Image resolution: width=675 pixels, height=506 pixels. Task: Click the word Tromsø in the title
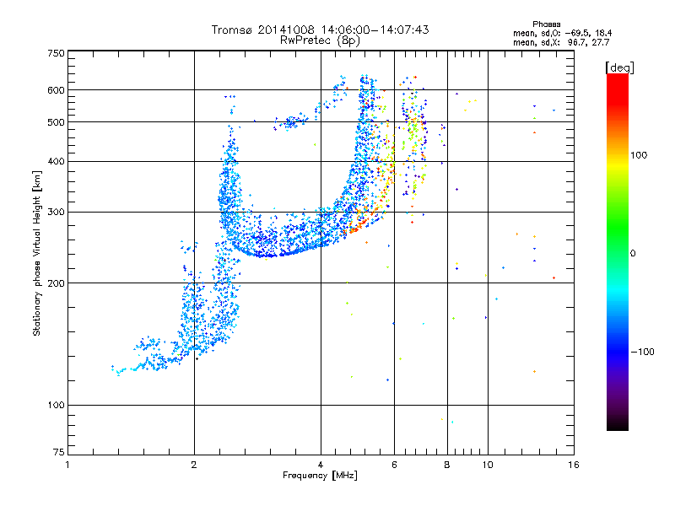coord(232,30)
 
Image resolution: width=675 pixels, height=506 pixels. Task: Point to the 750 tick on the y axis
coord(55,53)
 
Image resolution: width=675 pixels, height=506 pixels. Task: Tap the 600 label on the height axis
coord(55,90)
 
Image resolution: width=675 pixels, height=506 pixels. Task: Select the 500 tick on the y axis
coord(55,122)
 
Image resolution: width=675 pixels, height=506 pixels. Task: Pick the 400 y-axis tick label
coord(55,161)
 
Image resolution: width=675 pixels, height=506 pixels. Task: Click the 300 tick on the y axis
coord(55,212)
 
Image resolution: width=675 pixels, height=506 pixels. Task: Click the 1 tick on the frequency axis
coord(67,465)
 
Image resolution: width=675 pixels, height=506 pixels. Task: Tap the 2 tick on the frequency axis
coord(194,465)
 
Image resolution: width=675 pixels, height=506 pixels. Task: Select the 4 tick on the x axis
coord(321,465)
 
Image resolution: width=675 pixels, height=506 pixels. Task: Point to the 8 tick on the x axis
coord(447,465)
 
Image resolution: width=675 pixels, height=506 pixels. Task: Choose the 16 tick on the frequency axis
coord(573,465)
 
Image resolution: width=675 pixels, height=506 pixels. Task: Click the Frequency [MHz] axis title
coord(320,476)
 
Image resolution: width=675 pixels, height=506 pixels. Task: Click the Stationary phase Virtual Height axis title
coord(37,253)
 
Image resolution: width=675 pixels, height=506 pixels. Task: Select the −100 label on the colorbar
coord(643,352)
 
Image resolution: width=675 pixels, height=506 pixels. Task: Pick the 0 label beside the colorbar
coord(634,253)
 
